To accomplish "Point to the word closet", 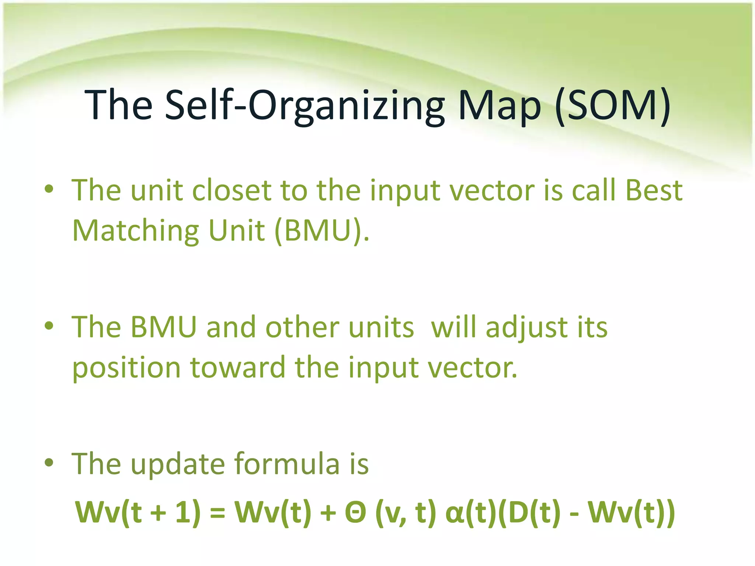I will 232,191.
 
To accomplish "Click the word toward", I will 237,368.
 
